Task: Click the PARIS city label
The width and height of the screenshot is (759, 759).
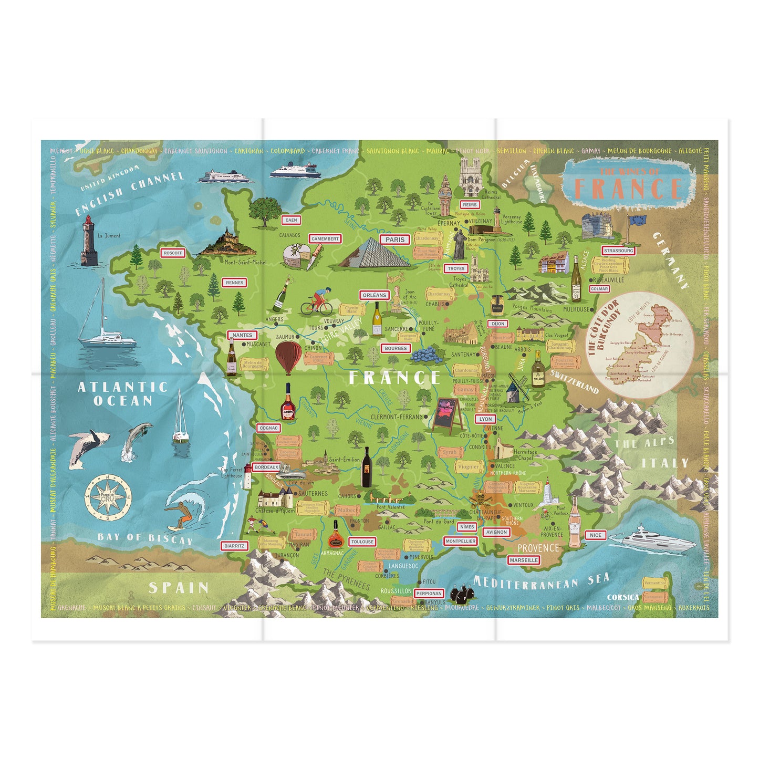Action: (395, 240)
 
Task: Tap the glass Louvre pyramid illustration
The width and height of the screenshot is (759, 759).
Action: (374, 253)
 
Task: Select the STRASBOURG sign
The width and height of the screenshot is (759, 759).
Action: (618, 251)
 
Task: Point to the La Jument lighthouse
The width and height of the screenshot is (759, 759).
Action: (89, 243)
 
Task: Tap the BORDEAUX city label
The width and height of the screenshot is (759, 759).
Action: (266, 467)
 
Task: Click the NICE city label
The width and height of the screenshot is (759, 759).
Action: (595, 535)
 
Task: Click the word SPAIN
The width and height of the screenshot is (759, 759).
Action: (179, 588)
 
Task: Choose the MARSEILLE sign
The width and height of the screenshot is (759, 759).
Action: (524, 560)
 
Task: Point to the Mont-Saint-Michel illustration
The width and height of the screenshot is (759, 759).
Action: (225, 243)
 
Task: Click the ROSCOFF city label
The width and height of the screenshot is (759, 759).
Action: (173, 253)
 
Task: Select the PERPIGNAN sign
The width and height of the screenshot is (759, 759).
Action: (429, 594)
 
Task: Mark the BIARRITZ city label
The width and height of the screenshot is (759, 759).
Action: (234, 546)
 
